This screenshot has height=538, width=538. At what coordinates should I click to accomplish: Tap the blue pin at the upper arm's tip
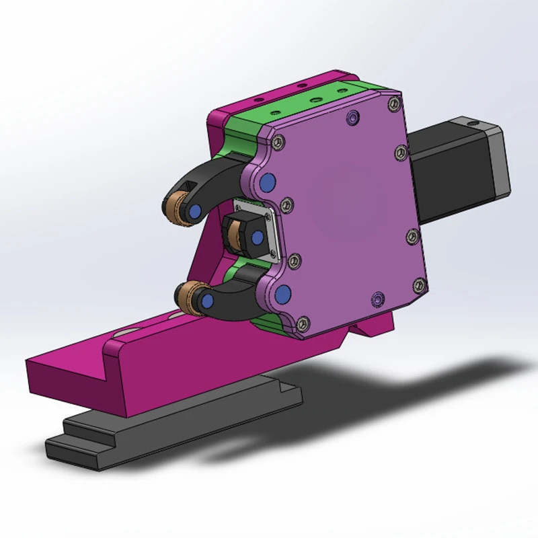[194, 210]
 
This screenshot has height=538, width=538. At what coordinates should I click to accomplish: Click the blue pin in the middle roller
[256, 236]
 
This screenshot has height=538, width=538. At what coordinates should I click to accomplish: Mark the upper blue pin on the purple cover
[268, 182]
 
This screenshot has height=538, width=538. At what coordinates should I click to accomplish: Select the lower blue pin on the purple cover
[282, 293]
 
